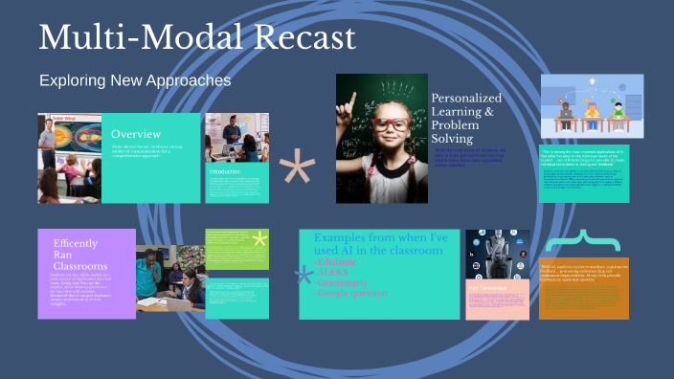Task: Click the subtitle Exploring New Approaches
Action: pyautogui.click(x=135, y=80)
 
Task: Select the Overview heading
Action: pyautogui.click(x=136, y=134)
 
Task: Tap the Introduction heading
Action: pyautogui.click(x=224, y=171)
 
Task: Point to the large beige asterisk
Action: pyautogui.click(x=297, y=169)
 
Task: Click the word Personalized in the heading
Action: pyautogui.click(x=465, y=98)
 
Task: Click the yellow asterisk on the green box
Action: pyautogui.click(x=258, y=240)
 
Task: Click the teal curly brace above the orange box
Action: pyautogui.click(x=584, y=240)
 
